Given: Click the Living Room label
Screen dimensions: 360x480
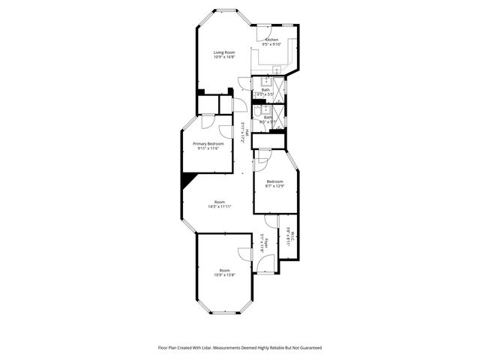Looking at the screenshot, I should [x=224, y=54].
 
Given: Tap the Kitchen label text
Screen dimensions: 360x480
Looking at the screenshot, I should [x=271, y=42].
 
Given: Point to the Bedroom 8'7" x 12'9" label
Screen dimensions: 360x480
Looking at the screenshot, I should [x=275, y=184].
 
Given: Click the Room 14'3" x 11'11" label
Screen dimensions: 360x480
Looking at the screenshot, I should [x=219, y=204].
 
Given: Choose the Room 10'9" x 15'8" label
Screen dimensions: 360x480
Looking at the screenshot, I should [x=224, y=272].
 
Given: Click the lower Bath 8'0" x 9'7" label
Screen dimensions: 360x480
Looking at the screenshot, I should [x=268, y=118].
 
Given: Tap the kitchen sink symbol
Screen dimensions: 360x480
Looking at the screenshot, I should [x=277, y=70].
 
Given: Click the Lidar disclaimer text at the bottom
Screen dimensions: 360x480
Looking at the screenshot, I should [x=239, y=348].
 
